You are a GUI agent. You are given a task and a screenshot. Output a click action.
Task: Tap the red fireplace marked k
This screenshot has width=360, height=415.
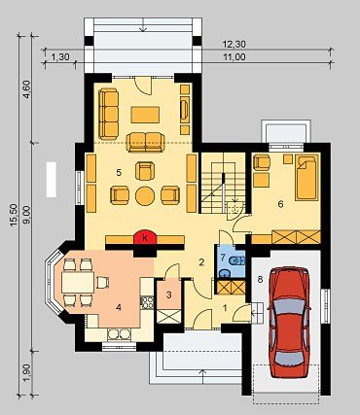145,237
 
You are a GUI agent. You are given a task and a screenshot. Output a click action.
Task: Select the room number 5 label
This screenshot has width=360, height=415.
119,173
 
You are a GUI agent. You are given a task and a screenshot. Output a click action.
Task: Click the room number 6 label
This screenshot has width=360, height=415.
280,204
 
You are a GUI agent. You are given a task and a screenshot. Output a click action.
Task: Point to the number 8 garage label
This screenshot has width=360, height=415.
260,279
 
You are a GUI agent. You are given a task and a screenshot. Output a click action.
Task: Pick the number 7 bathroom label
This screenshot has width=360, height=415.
223,259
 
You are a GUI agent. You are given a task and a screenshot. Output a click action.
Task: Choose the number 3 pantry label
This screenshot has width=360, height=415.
168,294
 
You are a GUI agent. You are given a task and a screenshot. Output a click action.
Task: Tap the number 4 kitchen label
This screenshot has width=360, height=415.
119,307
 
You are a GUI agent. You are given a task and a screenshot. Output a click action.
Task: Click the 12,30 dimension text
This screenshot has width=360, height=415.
234,44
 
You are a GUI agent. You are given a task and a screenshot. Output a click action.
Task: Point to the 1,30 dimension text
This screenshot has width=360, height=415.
60,57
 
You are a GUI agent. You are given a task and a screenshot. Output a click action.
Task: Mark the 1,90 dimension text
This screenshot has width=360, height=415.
27,373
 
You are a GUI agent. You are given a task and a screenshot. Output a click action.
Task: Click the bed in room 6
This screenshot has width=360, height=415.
306,177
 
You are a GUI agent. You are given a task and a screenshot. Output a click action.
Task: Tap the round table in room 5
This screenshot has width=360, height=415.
145,195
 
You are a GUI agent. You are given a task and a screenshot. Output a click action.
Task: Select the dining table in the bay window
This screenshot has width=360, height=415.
78,282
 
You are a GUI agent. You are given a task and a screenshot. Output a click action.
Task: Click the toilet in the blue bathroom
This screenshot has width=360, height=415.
235,260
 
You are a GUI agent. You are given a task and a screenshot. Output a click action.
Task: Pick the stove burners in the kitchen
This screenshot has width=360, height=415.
147,302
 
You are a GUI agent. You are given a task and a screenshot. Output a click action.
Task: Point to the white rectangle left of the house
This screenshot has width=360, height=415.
52,180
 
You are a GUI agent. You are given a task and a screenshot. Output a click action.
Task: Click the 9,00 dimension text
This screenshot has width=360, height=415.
27,215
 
